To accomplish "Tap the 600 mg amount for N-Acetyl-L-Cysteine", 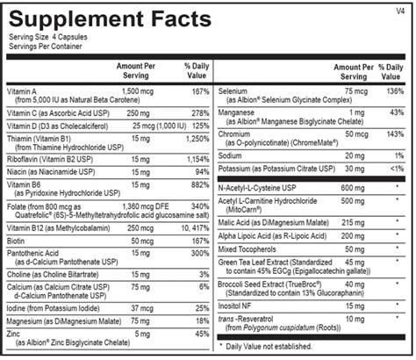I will (350, 186).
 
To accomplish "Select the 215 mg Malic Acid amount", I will (350, 223).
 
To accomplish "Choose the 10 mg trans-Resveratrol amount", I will (353, 317).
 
